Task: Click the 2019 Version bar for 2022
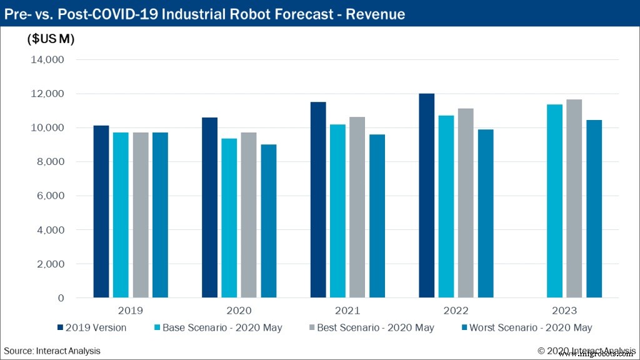click(426, 196)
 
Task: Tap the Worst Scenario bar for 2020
click(269, 221)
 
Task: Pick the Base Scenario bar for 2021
click(337, 211)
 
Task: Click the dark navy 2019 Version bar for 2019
click(101, 212)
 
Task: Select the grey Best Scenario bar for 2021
click(357, 207)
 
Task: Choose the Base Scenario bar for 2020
click(229, 218)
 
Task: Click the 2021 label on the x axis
click(347, 311)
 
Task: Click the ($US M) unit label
click(51, 39)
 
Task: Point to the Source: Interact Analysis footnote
click(52, 351)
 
